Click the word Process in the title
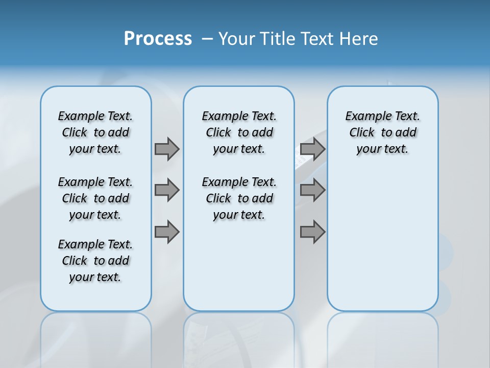point(158,39)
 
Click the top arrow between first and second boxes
point(167,149)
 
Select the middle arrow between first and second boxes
point(167,190)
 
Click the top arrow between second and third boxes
point(312,149)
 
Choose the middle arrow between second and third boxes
point(312,190)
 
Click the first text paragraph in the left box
point(95,132)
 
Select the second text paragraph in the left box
point(95,198)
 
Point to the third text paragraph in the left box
point(95,261)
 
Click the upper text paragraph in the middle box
point(239,132)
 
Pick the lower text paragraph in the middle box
point(239,198)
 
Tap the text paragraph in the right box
point(382,132)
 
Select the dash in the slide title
point(207,39)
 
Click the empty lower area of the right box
point(382,245)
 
